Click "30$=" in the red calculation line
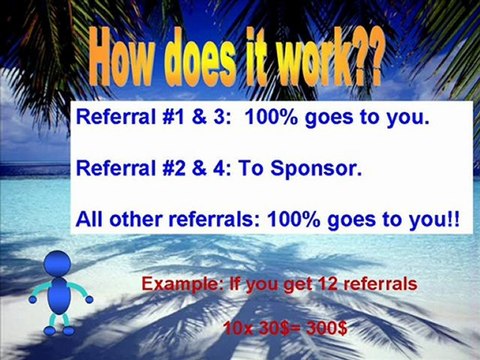tap(280, 326)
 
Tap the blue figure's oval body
tap(59, 297)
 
